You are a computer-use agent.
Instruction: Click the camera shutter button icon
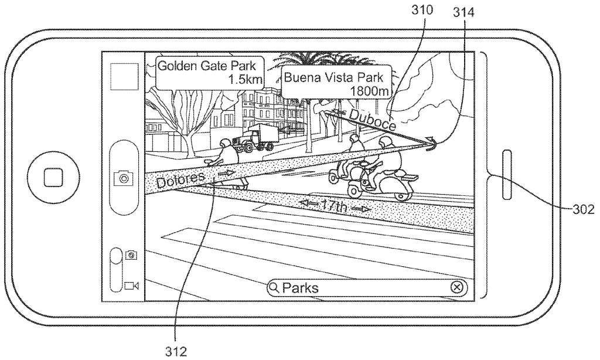pos(124,177)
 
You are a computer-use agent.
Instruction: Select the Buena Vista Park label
pos(334,77)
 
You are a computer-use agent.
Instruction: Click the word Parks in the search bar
pos(301,287)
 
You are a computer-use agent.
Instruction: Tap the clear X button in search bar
pos(458,287)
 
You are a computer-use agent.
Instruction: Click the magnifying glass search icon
pos(274,287)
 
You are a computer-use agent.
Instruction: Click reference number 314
pos(463,10)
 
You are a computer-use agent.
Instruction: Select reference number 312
pos(176,351)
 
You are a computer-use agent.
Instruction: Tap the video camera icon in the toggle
pos(131,286)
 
